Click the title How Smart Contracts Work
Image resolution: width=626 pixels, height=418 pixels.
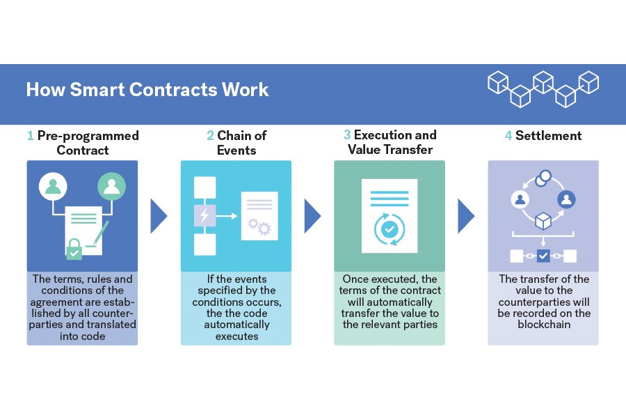pos(147,90)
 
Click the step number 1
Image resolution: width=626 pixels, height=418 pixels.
pos(30,136)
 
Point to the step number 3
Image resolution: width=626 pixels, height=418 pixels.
pos(347,135)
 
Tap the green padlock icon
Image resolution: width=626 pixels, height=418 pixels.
pos(74,249)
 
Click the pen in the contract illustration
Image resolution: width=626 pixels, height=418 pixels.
pos(100,233)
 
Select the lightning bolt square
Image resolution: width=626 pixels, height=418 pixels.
pos(204,216)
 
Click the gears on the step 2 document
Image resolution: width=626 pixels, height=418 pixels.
pos(258,226)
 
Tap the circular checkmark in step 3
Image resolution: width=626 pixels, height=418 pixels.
pos(389,228)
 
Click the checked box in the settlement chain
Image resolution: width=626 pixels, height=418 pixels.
pos(543,256)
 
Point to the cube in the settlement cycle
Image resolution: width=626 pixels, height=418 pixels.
pos(543,221)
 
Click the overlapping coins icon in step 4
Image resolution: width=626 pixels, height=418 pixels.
pos(543,179)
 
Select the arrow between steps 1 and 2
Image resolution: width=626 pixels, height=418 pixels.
pos(159,216)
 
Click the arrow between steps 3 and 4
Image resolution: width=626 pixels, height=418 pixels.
pos(465,216)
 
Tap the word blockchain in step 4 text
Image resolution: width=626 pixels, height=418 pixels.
pos(543,324)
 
